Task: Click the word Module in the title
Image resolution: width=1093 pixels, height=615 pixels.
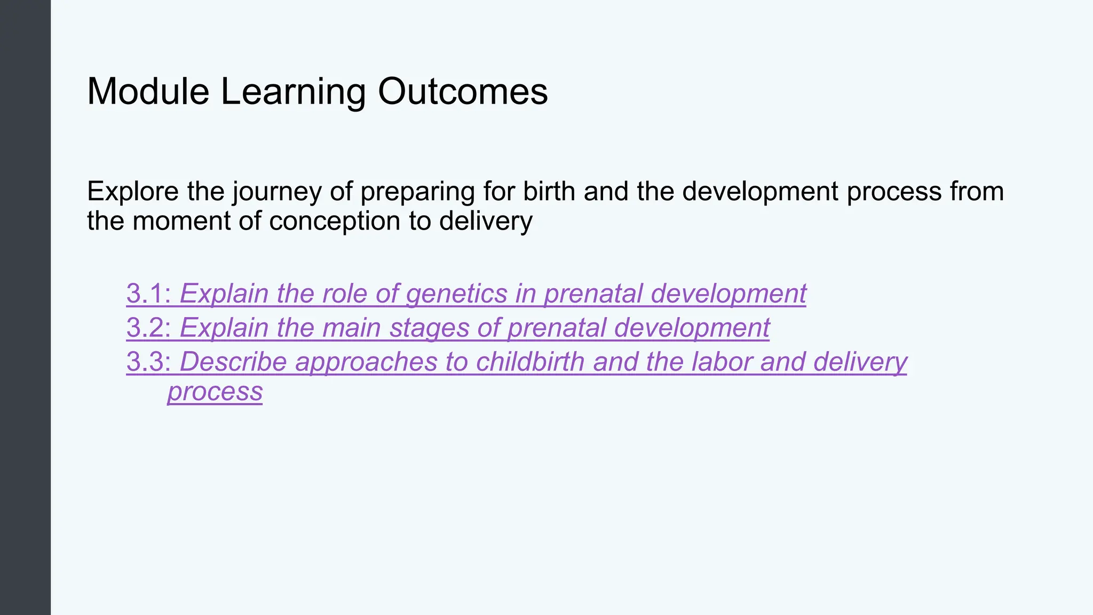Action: tap(148, 91)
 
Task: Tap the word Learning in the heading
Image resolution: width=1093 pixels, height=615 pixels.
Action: tap(293, 91)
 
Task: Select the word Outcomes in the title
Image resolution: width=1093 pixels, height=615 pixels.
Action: tap(463, 91)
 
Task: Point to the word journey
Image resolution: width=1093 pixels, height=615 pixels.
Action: tap(277, 192)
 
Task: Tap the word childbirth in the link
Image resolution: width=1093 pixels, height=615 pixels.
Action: tap(530, 362)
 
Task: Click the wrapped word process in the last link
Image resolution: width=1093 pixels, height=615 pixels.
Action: tap(215, 392)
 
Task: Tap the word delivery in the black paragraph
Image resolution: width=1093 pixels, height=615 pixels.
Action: tap(486, 221)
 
